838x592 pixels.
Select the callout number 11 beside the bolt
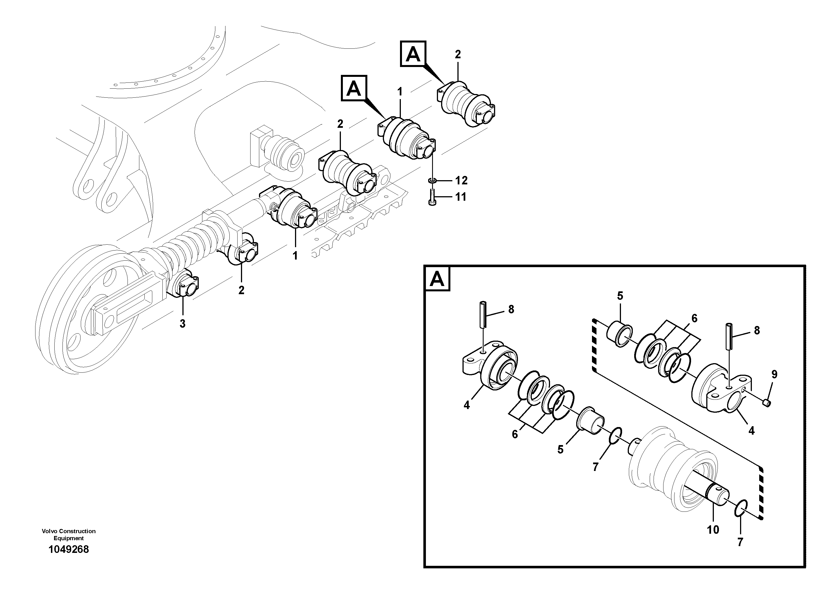point(461,197)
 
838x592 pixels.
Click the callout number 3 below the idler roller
point(182,323)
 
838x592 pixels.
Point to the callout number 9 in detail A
point(774,374)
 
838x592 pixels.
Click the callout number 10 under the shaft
point(713,530)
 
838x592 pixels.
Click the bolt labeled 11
point(432,198)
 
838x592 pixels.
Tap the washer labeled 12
point(432,180)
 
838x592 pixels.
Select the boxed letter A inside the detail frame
point(437,280)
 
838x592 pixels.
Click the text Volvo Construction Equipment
point(69,534)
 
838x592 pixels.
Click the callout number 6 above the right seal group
point(694,319)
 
